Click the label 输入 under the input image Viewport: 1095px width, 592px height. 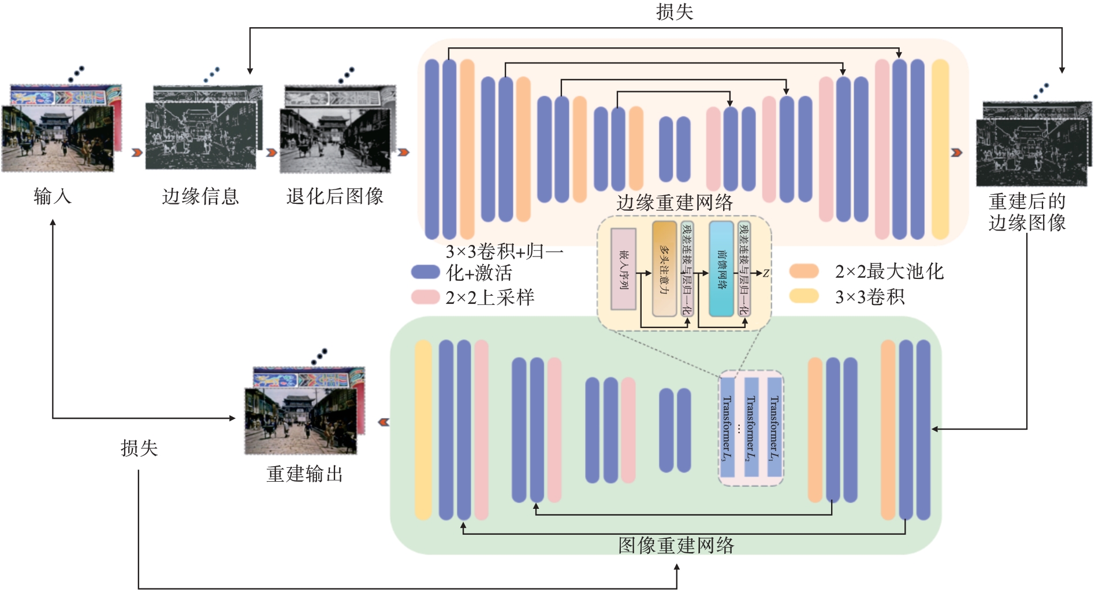[53, 196]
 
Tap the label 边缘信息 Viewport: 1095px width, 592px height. [200, 196]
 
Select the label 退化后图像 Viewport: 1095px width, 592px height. [335, 196]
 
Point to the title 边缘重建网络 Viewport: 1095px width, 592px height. [674, 203]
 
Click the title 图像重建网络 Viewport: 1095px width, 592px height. [676, 545]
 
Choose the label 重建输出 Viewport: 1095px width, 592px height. [304, 474]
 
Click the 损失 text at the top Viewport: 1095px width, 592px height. [674, 12]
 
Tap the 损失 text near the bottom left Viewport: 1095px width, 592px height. [139, 448]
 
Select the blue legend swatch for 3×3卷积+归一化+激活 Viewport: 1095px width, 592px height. [426, 272]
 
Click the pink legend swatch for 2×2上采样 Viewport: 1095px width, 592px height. [426, 297]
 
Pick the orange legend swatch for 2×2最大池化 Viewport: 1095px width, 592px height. [804, 271]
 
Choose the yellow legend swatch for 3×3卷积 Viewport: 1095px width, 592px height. [804, 296]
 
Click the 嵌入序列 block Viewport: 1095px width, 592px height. [624, 269]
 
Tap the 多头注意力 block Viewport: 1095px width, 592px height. [664, 269]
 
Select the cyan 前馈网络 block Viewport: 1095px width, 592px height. [721, 269]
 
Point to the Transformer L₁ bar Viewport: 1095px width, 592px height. [774, 427]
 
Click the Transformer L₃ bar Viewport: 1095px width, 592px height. [727, 427]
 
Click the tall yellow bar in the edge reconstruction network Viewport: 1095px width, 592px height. [940, 149]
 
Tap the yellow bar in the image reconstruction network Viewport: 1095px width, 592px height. [423, 430]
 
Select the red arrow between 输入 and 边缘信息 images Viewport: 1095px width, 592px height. [137, 152]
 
